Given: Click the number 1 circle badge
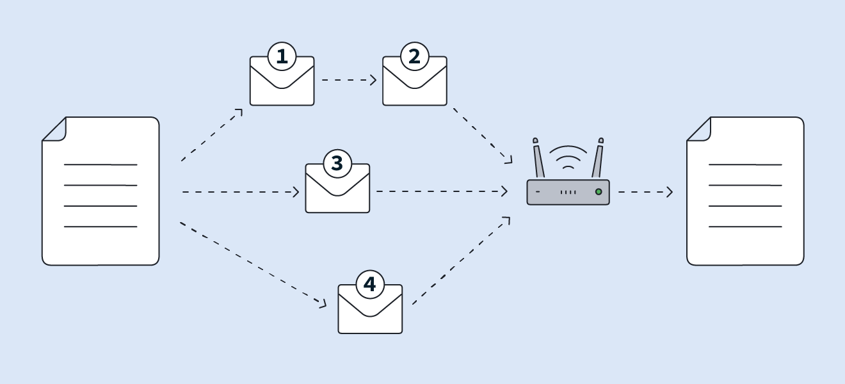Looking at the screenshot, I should coord(282,57).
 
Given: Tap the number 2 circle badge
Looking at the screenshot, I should coord(414,57).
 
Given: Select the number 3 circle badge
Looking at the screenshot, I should coord(337,164).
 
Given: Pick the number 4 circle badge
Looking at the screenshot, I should coord(370,285).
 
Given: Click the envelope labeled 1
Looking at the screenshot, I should coord(282,86).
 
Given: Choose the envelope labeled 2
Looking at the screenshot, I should coord(415,86).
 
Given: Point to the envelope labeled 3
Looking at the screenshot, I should coord(337,194).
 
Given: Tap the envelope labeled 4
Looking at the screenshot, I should coord(370,314).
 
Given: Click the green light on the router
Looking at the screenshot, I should coord(599,191).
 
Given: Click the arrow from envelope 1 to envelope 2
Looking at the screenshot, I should coord(349,80).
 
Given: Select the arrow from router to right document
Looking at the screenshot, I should coord(645,192).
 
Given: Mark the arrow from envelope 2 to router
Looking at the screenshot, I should coord(483,136).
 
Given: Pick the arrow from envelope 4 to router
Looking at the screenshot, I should coord(461,260).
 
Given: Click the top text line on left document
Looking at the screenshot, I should coord(101,164).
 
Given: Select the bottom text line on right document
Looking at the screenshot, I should coord(745,227).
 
